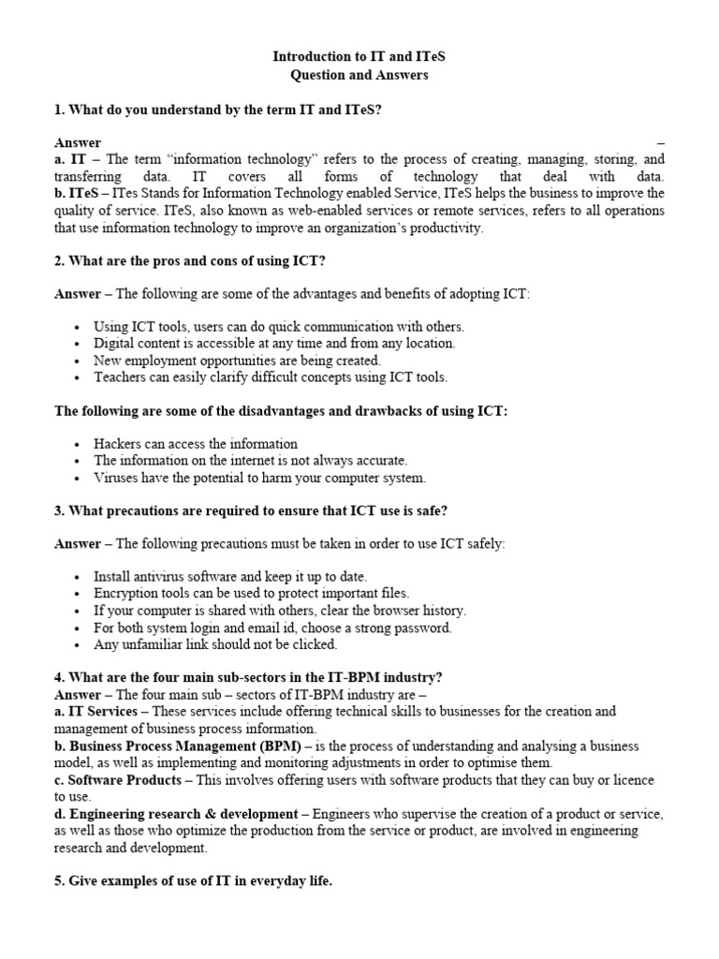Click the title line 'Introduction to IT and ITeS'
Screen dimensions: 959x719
pos(359,57)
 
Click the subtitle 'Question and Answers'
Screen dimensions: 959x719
pos(359,75)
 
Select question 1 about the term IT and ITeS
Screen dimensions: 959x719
pos(217,110)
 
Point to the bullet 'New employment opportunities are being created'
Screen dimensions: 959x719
pos(237,361)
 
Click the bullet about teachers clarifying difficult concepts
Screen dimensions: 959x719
pos(271,377)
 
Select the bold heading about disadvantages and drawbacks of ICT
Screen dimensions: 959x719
pos(281,411)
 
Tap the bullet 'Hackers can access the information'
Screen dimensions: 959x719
pos(196,444)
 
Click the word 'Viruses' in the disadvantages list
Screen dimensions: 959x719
pos(117,478)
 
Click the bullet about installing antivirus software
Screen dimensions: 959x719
pos(230,577)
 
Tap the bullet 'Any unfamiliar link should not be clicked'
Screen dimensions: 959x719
pos(215,644)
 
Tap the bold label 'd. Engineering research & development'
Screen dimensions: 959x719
pos(176,813)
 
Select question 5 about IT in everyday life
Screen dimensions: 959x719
pos(193,881)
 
